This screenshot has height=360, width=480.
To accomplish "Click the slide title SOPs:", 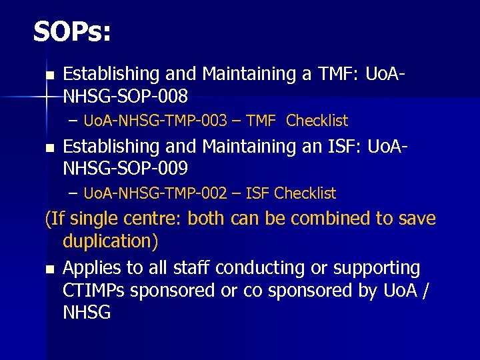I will tap(72, 32).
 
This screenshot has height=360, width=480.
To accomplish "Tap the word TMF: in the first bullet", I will tap(334, 73).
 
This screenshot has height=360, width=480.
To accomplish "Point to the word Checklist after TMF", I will tap(317, 121).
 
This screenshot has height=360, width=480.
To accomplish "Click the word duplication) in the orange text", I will tap(110, 241).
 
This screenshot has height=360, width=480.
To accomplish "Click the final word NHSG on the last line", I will tap(87, 313).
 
